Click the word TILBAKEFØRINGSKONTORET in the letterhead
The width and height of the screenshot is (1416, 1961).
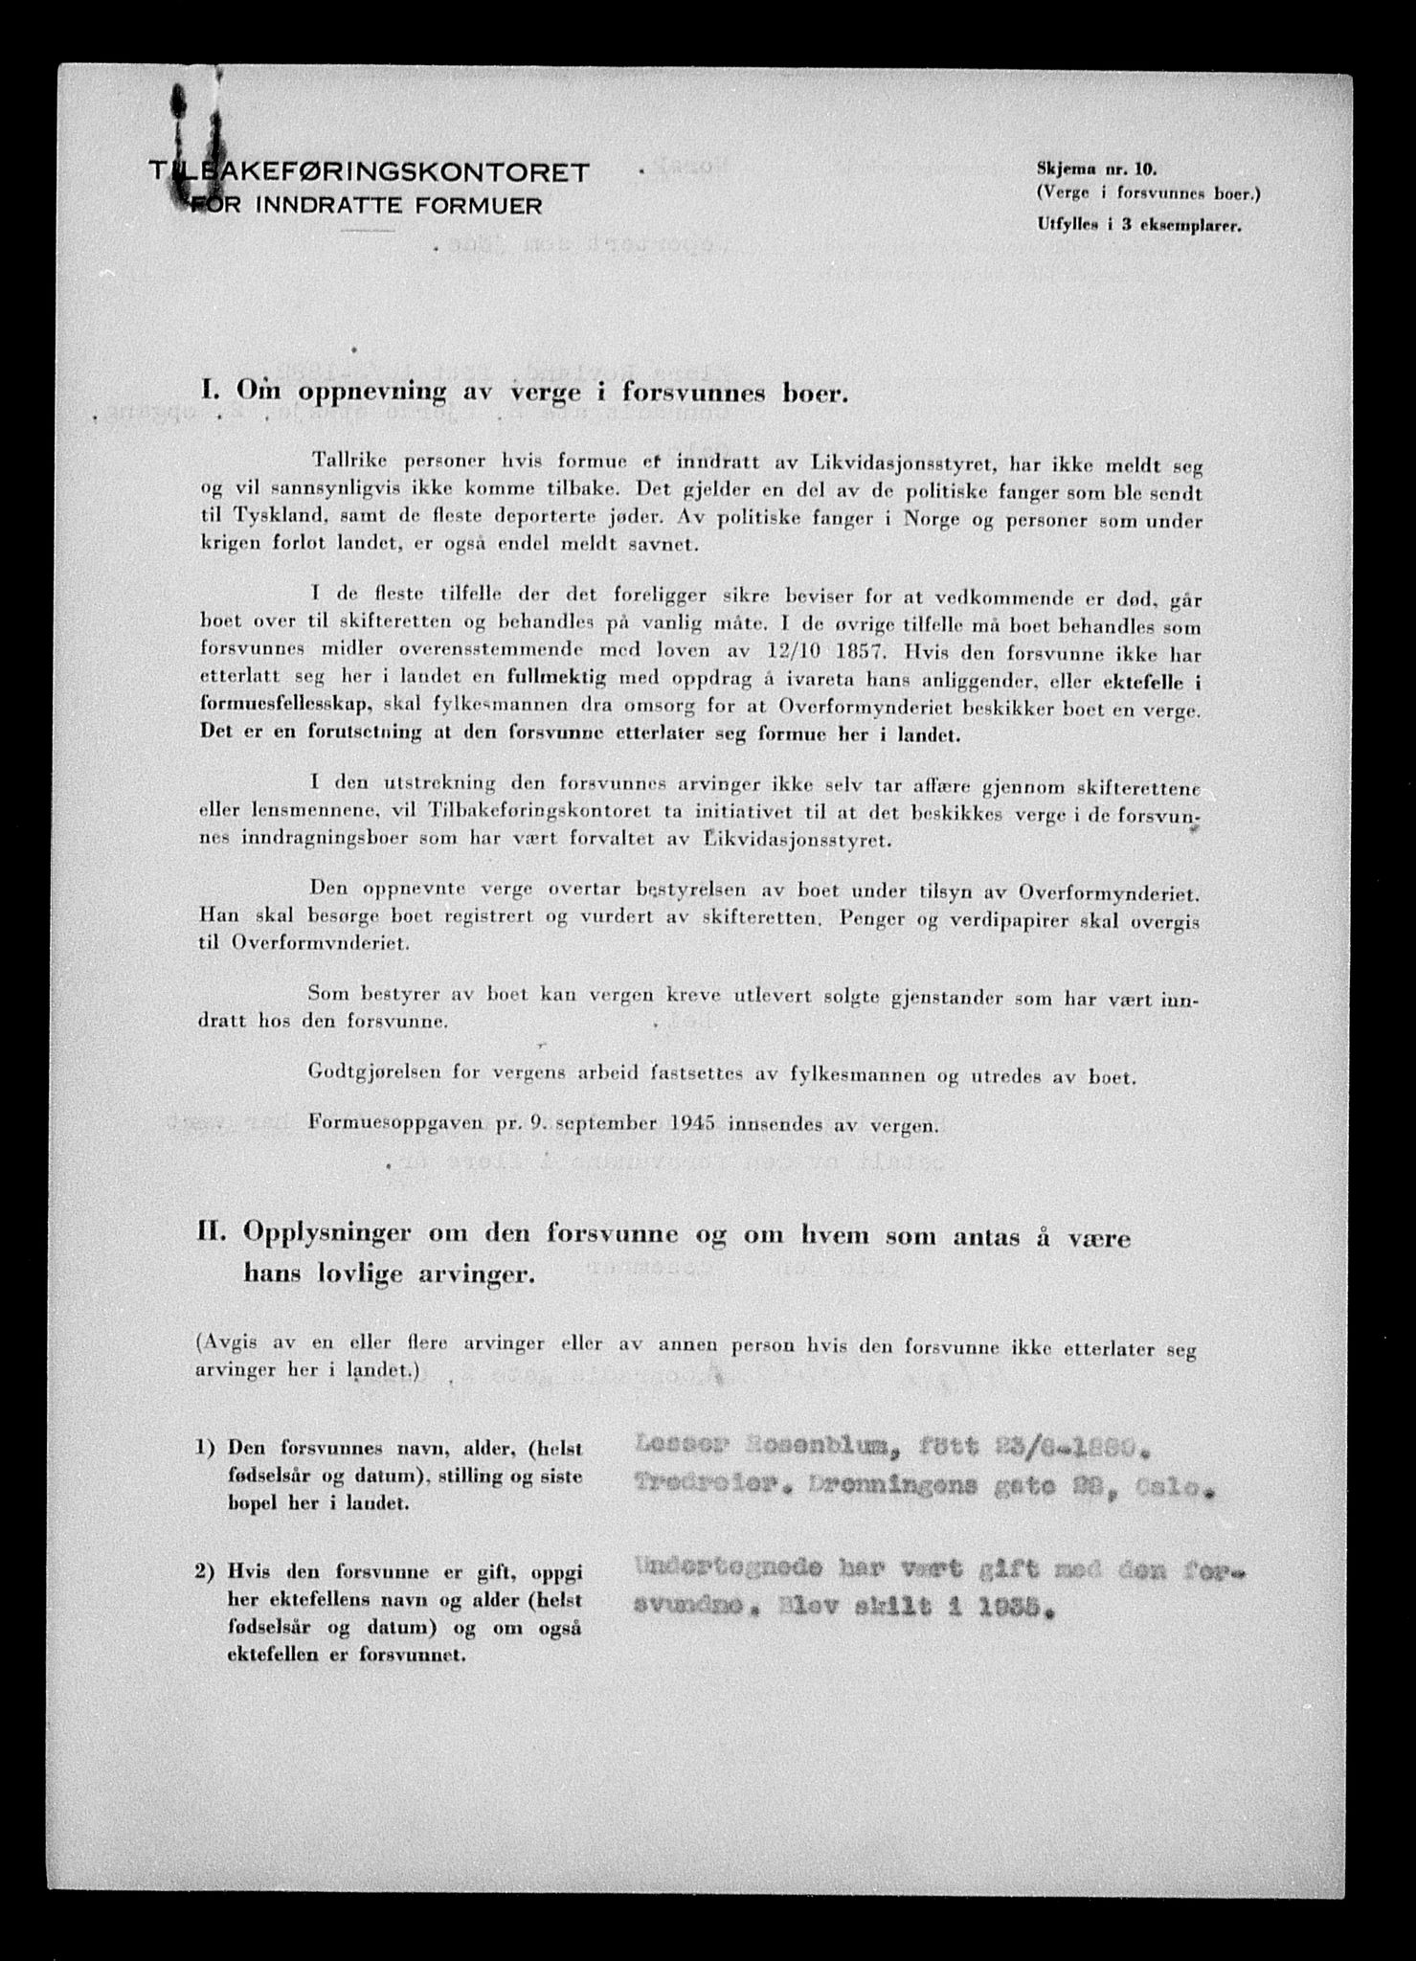370,171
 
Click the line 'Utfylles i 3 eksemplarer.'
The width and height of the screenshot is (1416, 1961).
1138,227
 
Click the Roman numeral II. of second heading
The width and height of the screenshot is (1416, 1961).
214,1237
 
